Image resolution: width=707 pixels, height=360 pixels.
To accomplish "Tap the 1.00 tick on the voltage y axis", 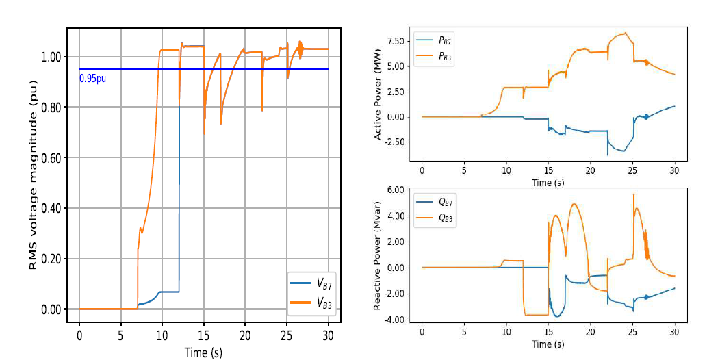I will click(x=49, y=57).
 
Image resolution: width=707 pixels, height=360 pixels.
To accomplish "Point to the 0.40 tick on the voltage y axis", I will click(x=49, y=209).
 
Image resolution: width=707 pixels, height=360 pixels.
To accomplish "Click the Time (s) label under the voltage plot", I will click(x=203, y=352).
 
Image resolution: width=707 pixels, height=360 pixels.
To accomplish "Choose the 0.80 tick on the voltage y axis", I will click(x=49, y=107).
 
